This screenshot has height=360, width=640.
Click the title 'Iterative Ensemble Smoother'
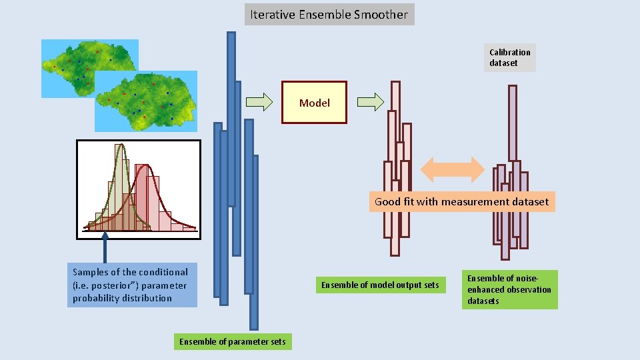pos(329,14)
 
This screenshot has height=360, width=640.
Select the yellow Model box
pos(314,103)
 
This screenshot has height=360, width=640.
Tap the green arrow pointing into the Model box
pos(259,102)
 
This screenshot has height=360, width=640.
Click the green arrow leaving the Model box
pos(370,102)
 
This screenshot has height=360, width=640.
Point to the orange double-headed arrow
pos(453,169)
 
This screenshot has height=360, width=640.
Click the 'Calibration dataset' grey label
pos(510,58)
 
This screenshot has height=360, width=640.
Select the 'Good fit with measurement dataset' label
pos(461,201)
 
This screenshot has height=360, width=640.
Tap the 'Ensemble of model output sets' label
pos(380,285)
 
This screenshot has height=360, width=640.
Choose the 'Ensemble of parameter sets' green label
pos(232,342)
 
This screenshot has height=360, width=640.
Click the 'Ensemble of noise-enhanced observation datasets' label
pos(509,290)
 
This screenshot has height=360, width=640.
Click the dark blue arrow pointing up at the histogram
pos(105,245)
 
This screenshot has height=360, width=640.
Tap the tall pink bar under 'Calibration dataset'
pos(512,123)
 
